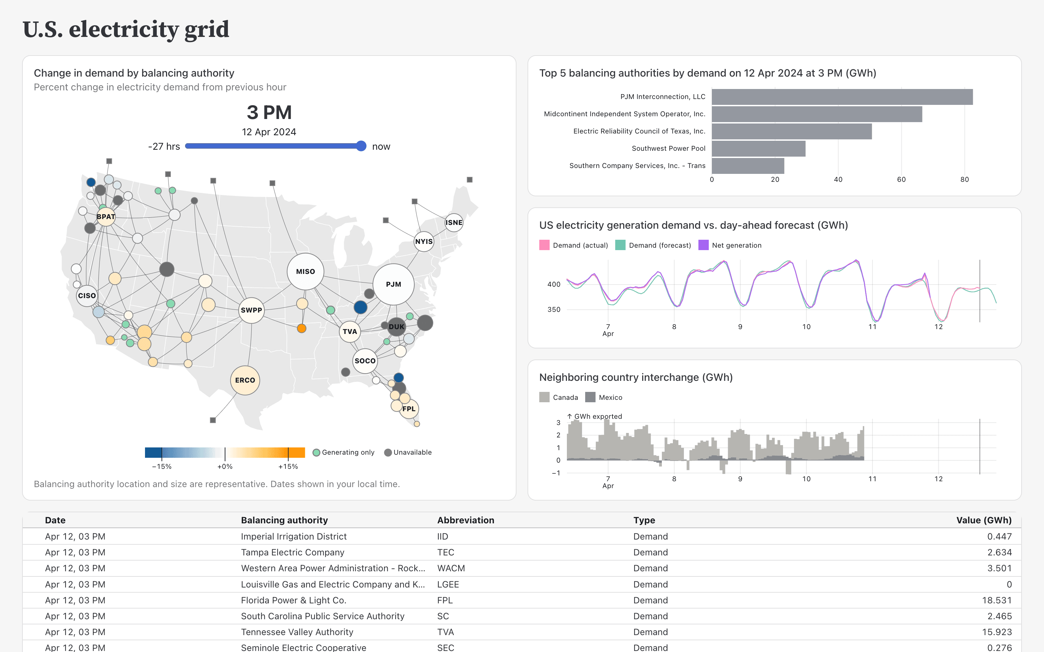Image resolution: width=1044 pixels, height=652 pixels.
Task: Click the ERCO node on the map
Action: [245, 380]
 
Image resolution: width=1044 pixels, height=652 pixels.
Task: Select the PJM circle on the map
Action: [394, 284]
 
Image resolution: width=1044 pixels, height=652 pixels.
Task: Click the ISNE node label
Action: [454, 223]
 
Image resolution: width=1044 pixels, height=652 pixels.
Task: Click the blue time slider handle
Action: [361, 146]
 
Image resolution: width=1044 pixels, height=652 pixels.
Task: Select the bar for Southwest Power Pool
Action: [758, 148]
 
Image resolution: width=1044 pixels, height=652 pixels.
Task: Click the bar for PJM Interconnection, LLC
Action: [842, 97]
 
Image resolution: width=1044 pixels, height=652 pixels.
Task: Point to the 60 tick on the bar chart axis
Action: [901, 179]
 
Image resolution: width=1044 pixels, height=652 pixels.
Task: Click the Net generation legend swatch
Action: [703, 245]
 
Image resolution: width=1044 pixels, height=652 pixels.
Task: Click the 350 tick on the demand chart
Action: [553, 310]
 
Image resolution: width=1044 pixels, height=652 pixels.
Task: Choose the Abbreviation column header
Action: [465, 520]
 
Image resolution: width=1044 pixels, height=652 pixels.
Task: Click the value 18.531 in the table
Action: [999, 600]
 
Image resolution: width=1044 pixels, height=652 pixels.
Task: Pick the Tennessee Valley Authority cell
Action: [297, 632]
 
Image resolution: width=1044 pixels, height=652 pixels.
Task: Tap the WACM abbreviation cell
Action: [451, 569]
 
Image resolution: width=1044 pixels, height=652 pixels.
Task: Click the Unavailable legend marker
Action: [388, 452]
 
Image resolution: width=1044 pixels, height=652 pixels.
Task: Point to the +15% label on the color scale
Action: [288, 466]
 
